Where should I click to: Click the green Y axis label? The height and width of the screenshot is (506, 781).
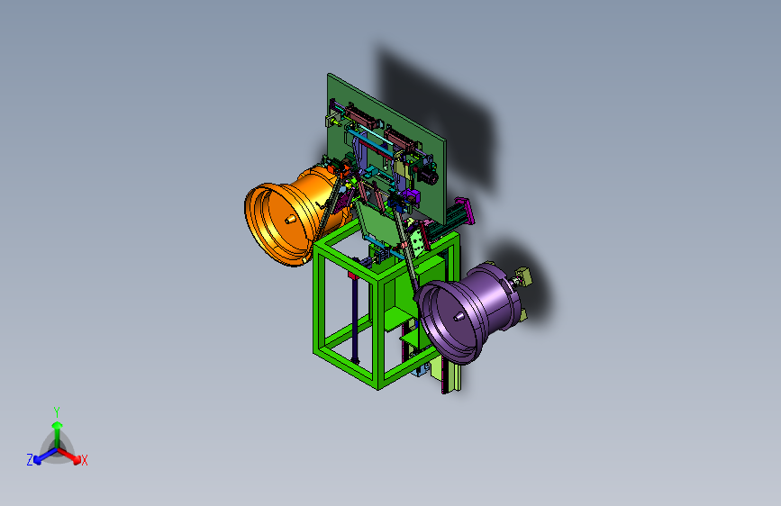pos(57,412)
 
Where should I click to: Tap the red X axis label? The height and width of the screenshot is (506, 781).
pos(84,461)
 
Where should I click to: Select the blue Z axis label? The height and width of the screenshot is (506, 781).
pos(30,460)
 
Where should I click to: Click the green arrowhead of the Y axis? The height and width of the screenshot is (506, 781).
pos(58,425)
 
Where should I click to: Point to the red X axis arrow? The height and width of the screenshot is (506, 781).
pos(68,455)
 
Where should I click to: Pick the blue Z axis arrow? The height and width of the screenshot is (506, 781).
pos(46,456)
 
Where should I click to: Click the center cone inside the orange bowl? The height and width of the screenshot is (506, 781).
pos(290,219)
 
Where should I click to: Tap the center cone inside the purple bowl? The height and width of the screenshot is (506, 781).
pos(459,316)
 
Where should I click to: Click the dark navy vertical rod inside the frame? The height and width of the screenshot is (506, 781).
pos(355,319)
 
